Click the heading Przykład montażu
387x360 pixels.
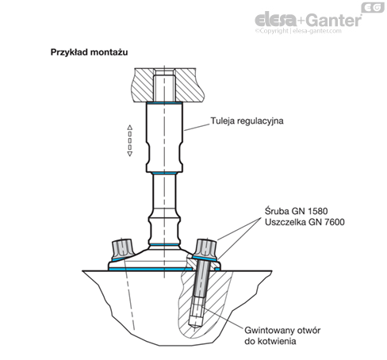pyautogui.click(x=89, y=52)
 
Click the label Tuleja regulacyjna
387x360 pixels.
pyautogui.click(x=247, y=121)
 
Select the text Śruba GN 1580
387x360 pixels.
pyautogui.click(x=296, y=211)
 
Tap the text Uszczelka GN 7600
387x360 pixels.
pyautogui.click(x=305, y=222)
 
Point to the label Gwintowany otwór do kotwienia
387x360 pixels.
pyautogui.click(x=282, y=335)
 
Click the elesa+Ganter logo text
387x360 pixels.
pyautogui.click(x=308, y=20)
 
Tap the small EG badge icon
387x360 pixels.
pyautogui.click(x=373, y=7)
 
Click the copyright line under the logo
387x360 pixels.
pyautogui.click(x=298, y=31)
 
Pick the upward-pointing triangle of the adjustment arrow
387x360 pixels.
pyautogui.click(x=129, y=128)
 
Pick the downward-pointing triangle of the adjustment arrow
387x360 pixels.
pyautogui.click(x=129, y=154)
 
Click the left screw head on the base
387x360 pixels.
pyautogui.click(x=122, y=250)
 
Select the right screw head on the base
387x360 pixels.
pyautogui.click(x=206, y=249)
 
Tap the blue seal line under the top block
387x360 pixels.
pyautogui.click(x=164, y=102)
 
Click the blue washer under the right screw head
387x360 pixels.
pyautogui.click(x=205, y=259)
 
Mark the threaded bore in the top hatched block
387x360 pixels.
pyautogui.click(x=164, y=85)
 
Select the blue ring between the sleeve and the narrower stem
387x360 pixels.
pyautogui.click(x=164, y=173)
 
